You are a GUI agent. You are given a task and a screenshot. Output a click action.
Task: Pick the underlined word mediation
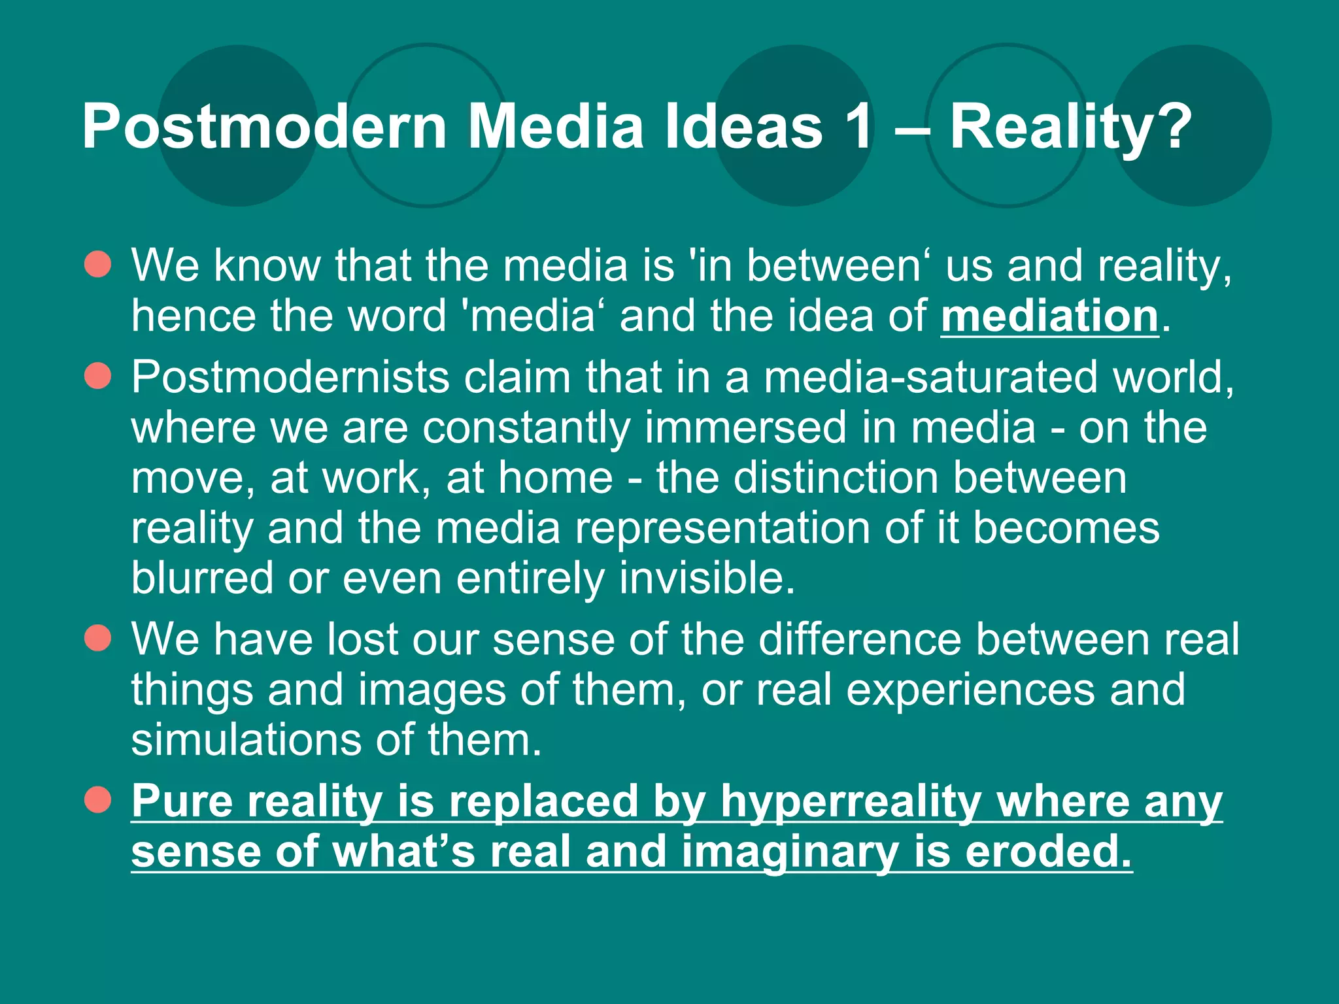pyautogui.click(x=1049, y=316)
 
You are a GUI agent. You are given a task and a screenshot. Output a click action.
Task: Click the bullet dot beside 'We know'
pyautogui.click(x=98, y=265)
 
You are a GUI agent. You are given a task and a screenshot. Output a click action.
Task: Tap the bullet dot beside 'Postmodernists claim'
pyautogui.click(x=98, y=376)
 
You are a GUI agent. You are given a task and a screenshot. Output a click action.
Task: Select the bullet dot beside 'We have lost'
pyautogui.click(x=98, y=638)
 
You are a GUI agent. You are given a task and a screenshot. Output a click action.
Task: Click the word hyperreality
pyautogui.click(x=851, y=801)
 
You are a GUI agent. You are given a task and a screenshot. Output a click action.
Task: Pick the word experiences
pyautogui.click(x=970, y=690)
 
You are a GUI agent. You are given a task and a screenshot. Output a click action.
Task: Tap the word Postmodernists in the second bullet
pyautogui.click(x=290, y=377)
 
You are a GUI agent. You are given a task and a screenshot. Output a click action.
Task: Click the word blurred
pyautogui.click(x=202, y=578)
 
